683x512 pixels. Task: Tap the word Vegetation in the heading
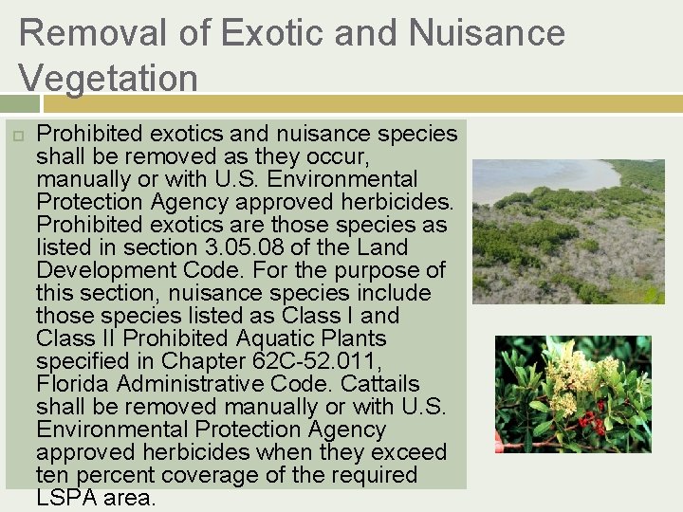click(107, 78)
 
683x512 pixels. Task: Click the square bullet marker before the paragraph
click(16, 134)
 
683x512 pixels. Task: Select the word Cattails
click(381, 384)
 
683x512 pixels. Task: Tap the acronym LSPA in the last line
click(67, 497)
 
